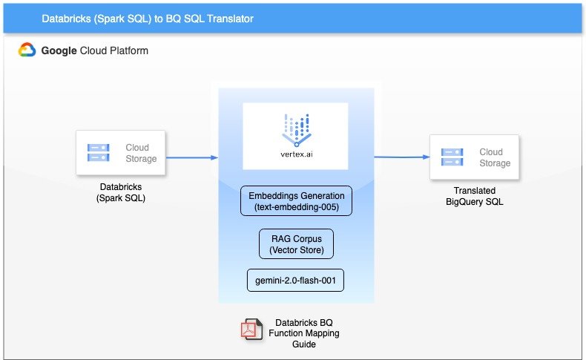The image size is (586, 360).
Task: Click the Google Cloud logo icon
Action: coord(27,50)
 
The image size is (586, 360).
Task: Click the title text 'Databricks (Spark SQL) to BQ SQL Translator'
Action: coord(148,19)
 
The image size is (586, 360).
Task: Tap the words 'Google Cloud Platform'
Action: coord(94,50)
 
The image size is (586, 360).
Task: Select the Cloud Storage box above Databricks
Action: coord(121,153)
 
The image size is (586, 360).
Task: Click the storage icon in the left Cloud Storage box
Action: coord(99,153)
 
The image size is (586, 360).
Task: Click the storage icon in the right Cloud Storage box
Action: coord(452,157)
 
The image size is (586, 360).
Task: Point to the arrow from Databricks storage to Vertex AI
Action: coord(191,157)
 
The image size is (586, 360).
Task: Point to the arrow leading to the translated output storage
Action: coord(401,157)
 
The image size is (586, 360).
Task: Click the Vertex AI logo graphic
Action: coord(295,127)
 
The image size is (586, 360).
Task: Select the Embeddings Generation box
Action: coord(296,201)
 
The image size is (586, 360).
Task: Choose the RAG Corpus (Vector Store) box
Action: coord(296,243)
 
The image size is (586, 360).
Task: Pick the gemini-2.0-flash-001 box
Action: coord(295,280)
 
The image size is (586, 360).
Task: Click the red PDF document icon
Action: coord(249,329)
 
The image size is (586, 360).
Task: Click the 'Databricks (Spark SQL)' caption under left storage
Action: coord(121,192)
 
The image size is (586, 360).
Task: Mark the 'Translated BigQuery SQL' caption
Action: coord(474,196)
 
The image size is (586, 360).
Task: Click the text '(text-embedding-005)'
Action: coord(296,207)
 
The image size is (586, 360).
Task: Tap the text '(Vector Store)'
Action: coord(296,249)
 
